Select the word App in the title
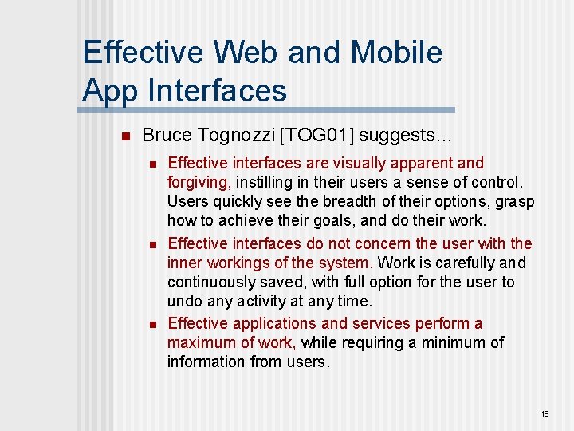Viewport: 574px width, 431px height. (110, 90)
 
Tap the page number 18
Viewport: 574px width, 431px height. (545, 414)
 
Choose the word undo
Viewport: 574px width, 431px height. (183, 301)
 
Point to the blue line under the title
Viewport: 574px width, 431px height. (268, 109)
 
